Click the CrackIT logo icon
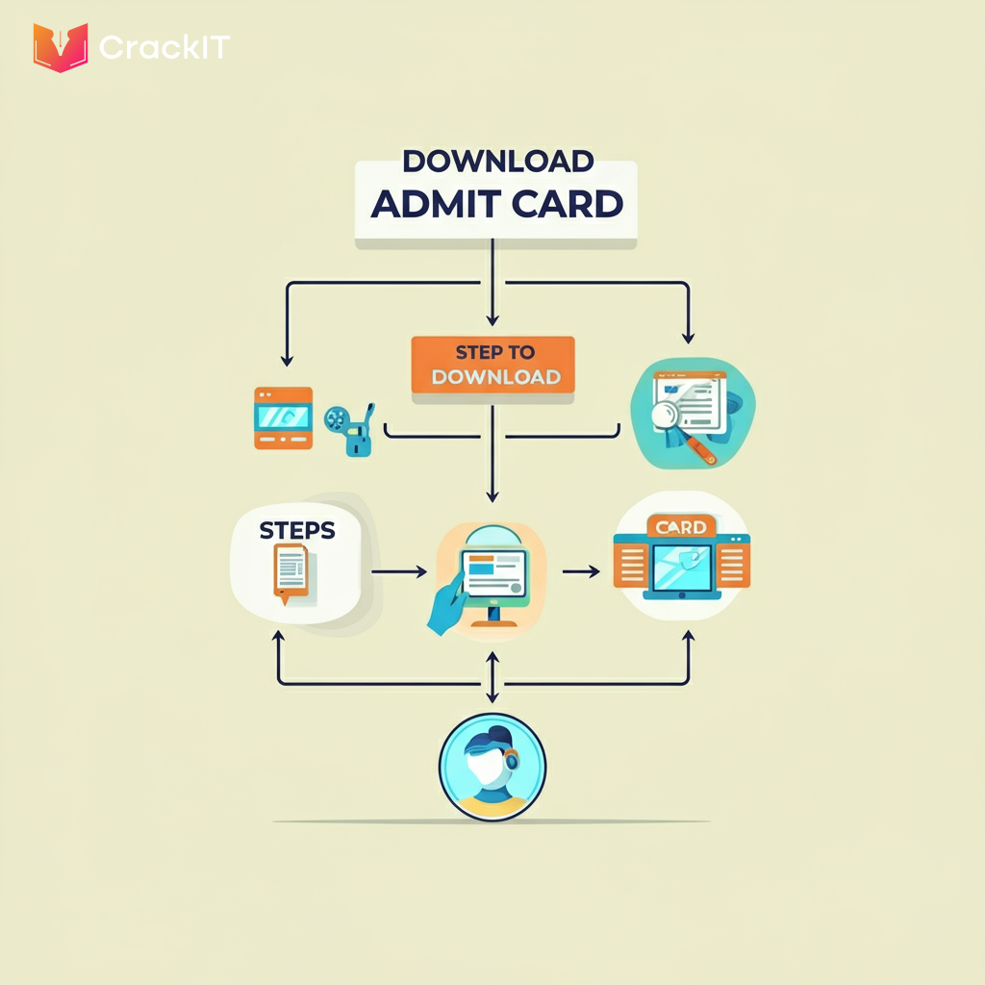[61, 47]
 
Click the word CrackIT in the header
[164, 47]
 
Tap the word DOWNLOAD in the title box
[497, 160]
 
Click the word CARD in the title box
[568, 204]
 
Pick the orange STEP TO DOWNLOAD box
[492, 365]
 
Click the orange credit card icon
[283, 417]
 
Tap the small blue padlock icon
[358, 442]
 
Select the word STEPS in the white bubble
[297, 530]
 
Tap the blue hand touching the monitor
[446, 610]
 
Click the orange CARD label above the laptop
[681, 526]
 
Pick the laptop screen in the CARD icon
[681, 568]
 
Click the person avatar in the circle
[492, 767]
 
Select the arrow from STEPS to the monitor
[398, 571]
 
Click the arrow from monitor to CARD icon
[580, 571]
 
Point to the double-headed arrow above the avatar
[492, 679]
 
